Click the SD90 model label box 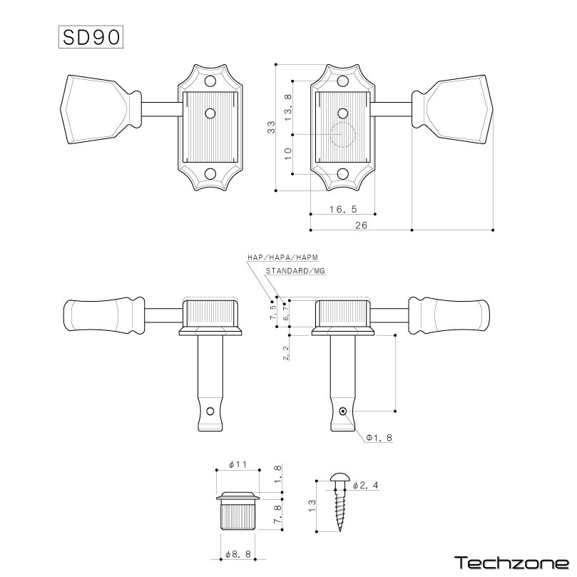91,37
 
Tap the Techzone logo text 512,563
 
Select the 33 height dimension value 271,128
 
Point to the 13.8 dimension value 288,108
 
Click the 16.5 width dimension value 343,209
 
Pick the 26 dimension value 362,225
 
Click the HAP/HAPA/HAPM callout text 282,257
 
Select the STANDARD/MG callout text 295,271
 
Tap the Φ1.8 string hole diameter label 379,437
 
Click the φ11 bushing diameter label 238,464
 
